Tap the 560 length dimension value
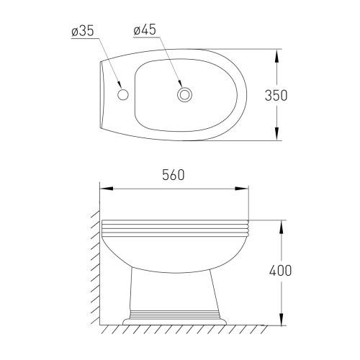coord(174,174)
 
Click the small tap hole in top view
coord(122,94)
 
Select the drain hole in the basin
coord(184,94)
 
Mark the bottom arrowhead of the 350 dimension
coord(278,136)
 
